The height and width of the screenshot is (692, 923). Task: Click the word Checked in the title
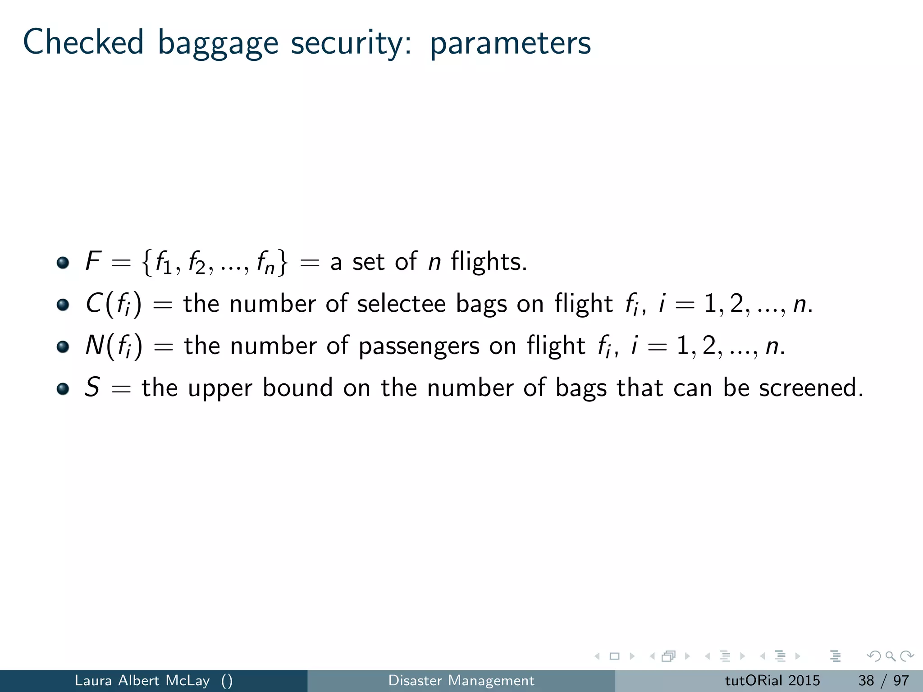pyautogui.click(x=83, y=42)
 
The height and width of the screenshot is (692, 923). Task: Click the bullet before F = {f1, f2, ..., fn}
pyautogui.click(x=63, y=262)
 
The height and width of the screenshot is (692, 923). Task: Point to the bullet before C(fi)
pyautogui.click(x=63, y=305)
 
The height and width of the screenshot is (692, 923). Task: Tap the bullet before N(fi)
pyautogui.click(x=63, y=346)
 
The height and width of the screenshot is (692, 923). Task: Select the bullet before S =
pyautogui.click(x=63, y=388)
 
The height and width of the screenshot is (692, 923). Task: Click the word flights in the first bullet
pyautogui.click(x=489, y=261)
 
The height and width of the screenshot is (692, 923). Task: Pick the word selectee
pyautogui.click(x=401, y=304)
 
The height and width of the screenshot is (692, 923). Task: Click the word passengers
pyautogui.click(x=419, y=346)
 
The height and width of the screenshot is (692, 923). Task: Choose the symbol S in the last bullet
pyautogui.click(x=92, y=387)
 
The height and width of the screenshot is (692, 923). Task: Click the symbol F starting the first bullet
pyautogui.click(x=93, y=261)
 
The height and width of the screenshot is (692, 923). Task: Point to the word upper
pyautogui.click(x=220, y=388)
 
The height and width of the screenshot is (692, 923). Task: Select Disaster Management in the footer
pyautogui.click(x=461, y=680)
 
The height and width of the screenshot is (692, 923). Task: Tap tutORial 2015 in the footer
pyautogui.click(x=772, y=680)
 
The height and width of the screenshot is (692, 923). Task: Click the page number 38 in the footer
pyautogui.click(x=866, y=680)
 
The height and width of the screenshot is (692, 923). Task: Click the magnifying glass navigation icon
pyautogui.click(x=890, y=656)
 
